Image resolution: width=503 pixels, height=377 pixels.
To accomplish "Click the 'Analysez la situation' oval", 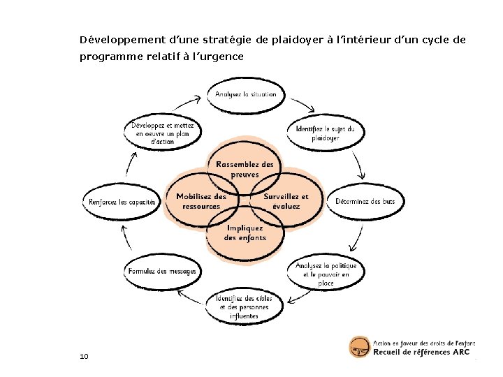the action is [245, 95].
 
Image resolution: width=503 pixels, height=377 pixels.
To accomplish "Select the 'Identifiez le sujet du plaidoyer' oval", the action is [326, 133].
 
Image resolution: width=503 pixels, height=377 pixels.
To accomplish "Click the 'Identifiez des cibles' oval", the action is [245, 307].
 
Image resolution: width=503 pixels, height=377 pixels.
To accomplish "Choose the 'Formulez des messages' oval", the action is [163, 271].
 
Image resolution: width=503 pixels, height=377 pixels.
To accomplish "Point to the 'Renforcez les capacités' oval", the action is [122, 202].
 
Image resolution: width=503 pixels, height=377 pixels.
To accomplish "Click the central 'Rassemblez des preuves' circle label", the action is [245, 169].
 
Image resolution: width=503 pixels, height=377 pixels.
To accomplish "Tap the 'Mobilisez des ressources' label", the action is [201, 201].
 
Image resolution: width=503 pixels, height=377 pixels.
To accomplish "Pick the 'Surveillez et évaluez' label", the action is [286, 201].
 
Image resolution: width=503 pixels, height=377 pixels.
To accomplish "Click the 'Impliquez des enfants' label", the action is [245, 232].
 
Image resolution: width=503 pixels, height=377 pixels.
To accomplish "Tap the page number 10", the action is [84, 357].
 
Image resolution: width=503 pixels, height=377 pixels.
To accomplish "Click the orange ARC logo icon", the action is [359, 348].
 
